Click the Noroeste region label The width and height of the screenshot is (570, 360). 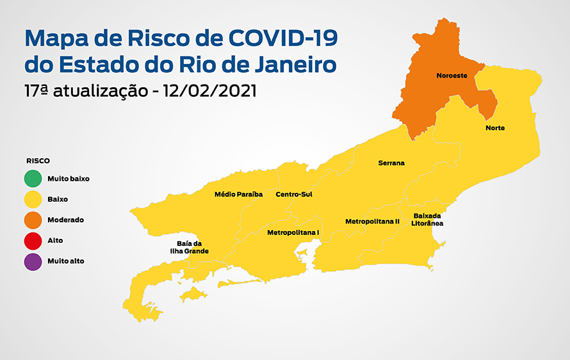(x=452, y=76)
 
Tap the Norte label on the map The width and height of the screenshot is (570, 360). (x=495, y=128)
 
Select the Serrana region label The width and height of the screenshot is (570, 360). (x=391, y=163)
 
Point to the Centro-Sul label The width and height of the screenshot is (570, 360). (x=294, y=194)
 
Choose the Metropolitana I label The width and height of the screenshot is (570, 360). (x=293, y=233)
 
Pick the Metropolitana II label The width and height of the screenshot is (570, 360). (x=372, y=221)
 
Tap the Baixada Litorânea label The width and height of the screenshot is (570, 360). (x=428, y=220)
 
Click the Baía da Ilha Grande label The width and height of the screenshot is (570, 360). (x=193, y=247)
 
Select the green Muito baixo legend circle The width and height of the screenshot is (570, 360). (x=33, y=179)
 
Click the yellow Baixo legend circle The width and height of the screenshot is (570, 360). (x=33, y=199)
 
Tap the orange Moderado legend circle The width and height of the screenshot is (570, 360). (x=33, y=220)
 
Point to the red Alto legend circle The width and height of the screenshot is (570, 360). (x=33, y=240)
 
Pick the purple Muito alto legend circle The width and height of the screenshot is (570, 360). (x=33, y=261)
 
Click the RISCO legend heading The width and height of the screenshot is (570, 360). (x=38, y=161)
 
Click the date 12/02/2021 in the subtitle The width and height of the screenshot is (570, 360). (x=210, y=91)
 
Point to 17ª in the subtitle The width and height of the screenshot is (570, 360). (x=37, y=91)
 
